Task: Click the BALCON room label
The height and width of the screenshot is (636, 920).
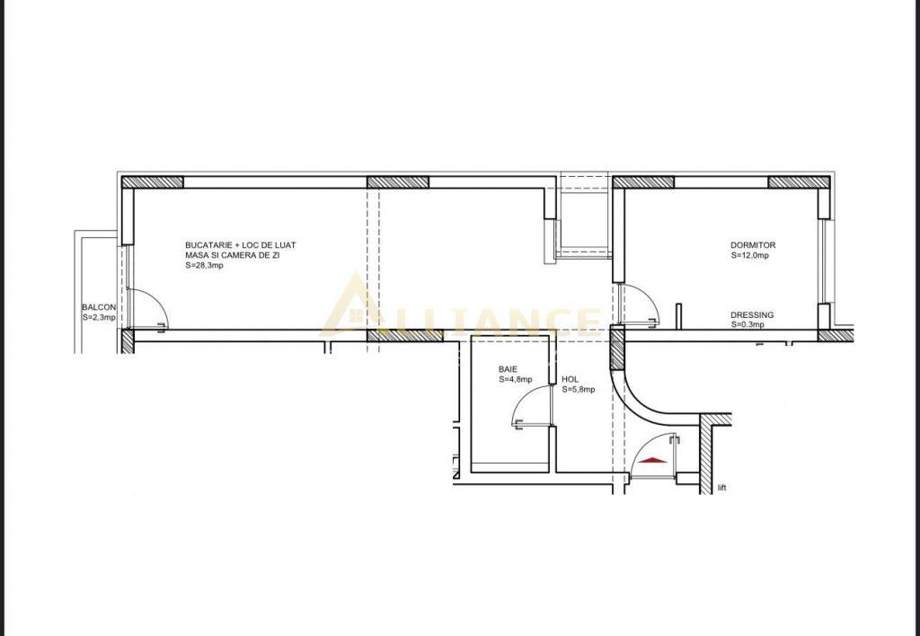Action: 99,307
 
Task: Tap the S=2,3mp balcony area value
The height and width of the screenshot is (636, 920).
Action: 99,317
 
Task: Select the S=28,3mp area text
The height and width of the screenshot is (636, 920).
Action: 204,265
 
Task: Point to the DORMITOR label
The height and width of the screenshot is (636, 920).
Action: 753,245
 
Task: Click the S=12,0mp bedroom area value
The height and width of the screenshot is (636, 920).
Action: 750,255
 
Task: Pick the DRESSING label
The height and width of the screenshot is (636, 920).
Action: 752,315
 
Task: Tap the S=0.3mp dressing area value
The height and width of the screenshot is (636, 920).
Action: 747,324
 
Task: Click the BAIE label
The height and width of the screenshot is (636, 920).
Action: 509,369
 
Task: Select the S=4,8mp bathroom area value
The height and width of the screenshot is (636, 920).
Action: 516,379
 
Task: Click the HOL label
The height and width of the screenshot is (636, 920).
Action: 570,380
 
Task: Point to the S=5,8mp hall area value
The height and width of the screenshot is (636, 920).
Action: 579,389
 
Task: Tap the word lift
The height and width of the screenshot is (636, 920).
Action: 722,488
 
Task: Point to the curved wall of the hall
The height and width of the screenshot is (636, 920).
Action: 639,399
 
